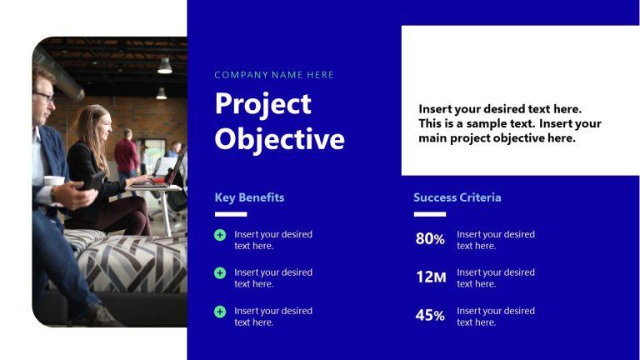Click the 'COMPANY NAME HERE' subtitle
(274, 75)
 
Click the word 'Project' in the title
(262, 104)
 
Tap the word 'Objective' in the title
(279, 138)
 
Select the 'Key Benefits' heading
(249, 197)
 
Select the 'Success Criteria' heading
(457, 197)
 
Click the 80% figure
(430, 239)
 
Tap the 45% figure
(430, 316)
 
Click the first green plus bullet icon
(220, 235)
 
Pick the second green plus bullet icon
(220, 272)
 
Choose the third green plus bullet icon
(220, 311)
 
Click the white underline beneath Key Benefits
(231, 214)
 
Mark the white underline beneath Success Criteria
(429, 214)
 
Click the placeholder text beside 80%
(495, 240)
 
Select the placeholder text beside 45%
(495, 317)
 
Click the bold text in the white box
(509, 123)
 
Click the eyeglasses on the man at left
(45, 96)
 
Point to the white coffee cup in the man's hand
(54, 181)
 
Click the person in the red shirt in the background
(127, 154)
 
